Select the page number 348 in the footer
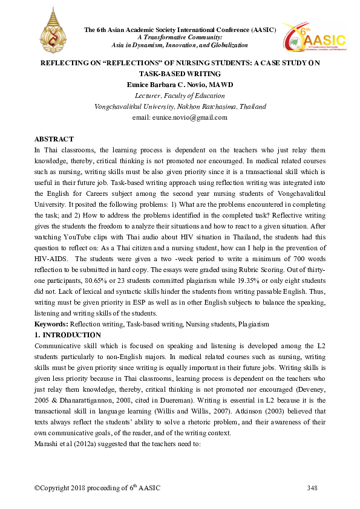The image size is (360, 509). [x=312, y=487]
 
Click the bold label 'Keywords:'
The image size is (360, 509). [x=51, y=324]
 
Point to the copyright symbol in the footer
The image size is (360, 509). [x=38, y=487]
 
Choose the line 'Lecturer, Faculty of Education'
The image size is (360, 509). [x=179, y=96]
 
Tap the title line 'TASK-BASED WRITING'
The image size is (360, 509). [x=179, y=73]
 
